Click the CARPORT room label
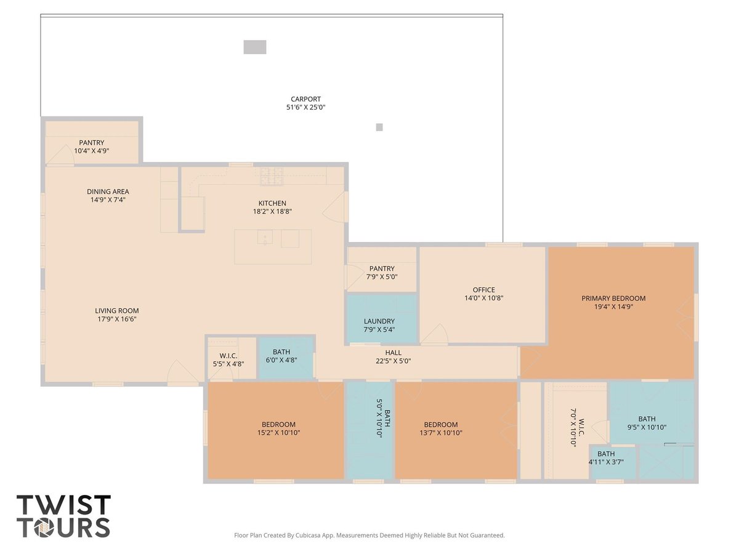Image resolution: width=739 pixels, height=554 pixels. [305, 99]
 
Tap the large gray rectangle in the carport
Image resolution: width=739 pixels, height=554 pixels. [255, 47]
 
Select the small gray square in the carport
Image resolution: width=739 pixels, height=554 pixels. [379, 127]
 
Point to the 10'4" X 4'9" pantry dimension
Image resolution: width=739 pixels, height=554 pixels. [92, 151]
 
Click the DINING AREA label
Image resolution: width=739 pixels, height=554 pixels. [108, 191]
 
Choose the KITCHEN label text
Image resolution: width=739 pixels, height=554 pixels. [272, 203]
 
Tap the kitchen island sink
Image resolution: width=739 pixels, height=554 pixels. [265, 237]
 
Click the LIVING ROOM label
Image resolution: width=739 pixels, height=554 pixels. [117, 310]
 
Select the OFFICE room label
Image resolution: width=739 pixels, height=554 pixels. [484, 289]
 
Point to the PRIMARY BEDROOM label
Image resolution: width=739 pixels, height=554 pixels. [613, 298]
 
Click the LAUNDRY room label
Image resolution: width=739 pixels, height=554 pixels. [379, 321]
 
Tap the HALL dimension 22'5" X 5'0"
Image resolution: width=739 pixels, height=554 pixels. [394, 361]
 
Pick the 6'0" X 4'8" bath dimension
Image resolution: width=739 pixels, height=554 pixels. [281, 360]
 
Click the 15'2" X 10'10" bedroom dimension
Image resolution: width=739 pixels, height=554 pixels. [278, 433]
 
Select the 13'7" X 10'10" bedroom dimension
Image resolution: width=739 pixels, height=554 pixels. [441, 433]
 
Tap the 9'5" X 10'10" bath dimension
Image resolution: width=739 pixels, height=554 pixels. [647, 427]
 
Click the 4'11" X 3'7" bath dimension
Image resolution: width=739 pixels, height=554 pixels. [606, 462]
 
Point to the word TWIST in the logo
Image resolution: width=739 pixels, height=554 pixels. [63, 505]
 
